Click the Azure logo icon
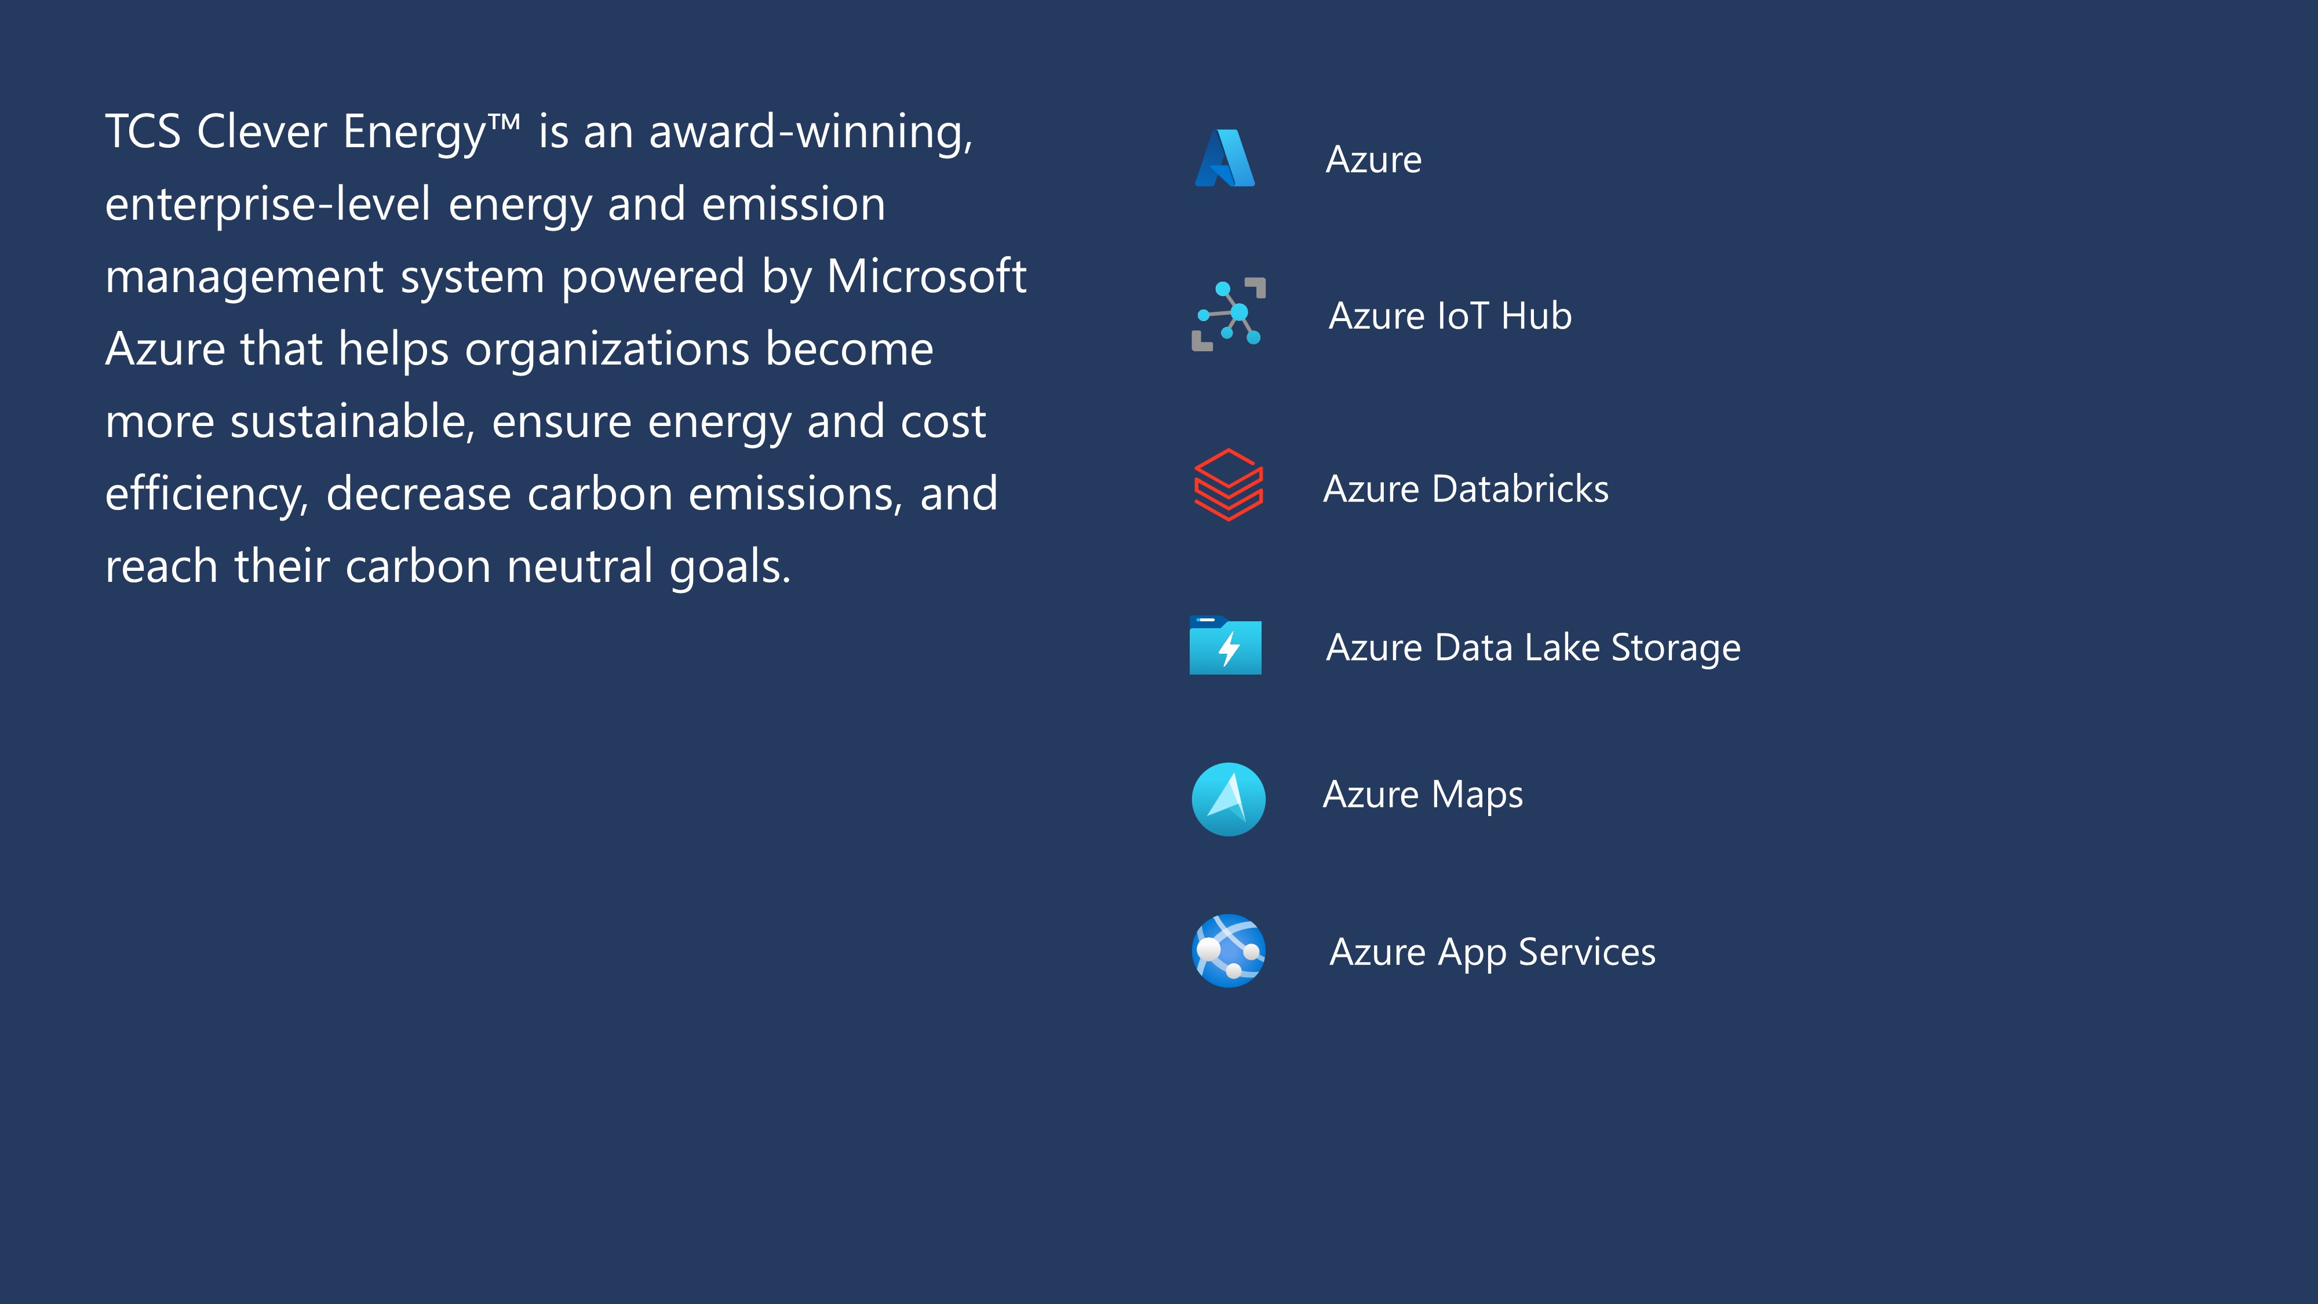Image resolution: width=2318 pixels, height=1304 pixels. click(x=1224, y=158)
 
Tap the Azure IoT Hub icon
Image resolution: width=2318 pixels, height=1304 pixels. click(x=1229, y=314)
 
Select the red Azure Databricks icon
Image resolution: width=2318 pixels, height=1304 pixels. click(x=1229, y=485)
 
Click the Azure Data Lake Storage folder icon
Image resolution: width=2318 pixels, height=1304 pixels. click(x=1226, y=645)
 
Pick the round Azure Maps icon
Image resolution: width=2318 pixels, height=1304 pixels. click(x=1229, y=799)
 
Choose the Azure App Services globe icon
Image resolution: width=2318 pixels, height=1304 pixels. click(x=1229, y=950)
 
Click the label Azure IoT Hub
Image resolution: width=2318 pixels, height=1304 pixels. click(x=1450, y=316)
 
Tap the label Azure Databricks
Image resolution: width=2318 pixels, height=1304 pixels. click(x=1466, y=489)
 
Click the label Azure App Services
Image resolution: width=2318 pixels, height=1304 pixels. click(x=1493, y=953)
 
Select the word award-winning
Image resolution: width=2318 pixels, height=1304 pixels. click(x=811, y=132)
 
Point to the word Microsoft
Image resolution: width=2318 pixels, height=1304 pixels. click(x=927, y=276)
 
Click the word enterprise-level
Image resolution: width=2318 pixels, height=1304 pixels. click(x=268, y=204)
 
